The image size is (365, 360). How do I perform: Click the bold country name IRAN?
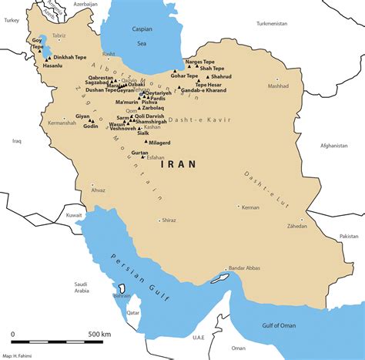pyautogui.click(x=178, y=164)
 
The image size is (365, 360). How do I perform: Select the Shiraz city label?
pyautogui.click(x=169, y=220)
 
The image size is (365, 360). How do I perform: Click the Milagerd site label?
pyautogui.click(x=159, y=143)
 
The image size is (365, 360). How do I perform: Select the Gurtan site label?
pyautogui.click(x=139, y=153)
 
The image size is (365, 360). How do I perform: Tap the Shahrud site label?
pyautogui.click(x=222, y=76)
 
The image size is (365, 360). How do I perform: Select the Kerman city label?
pyautogui.click(x=250, y=207)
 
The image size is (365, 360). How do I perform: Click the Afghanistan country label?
pyautogui.click(x=334, y=145)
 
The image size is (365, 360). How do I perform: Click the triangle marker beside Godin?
pyautogui.click(x=79, y=126)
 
